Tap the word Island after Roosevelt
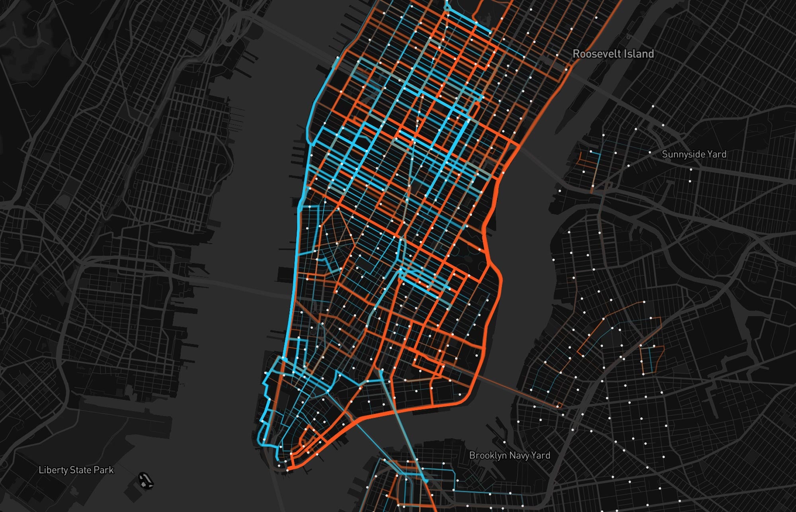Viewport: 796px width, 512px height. tap(638, 54)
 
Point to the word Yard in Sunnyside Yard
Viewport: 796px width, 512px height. tap(717, 154)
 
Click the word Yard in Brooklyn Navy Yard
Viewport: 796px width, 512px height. tap(541, 455)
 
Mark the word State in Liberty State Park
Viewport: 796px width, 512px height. tap(81, 470)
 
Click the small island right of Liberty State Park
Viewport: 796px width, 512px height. tap(146, 481)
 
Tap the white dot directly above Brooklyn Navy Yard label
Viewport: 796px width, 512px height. tap(504, 442)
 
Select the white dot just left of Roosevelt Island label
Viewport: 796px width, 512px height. tap(557, 55)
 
